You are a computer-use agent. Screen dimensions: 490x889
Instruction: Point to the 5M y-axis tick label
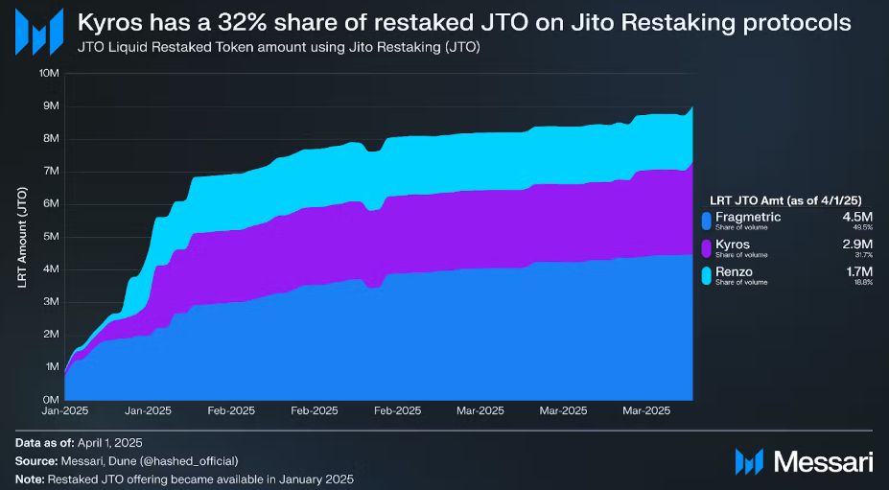50,236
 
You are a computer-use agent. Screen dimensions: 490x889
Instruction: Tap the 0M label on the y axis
50,399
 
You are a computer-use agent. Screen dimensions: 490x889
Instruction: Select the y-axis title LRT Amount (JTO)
21,236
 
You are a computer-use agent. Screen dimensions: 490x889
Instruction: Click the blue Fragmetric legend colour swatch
707,222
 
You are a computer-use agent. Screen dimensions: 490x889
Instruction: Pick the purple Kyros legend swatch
707,249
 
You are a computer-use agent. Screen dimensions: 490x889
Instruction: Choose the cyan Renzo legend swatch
707,277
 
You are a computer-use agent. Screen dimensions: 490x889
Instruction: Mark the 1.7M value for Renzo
858,273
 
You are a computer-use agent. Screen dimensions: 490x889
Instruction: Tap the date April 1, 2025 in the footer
107,443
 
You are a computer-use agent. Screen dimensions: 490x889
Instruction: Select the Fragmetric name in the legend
748,218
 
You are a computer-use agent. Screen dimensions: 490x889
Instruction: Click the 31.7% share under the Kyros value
862,256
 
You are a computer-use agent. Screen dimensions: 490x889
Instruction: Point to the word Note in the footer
31,478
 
